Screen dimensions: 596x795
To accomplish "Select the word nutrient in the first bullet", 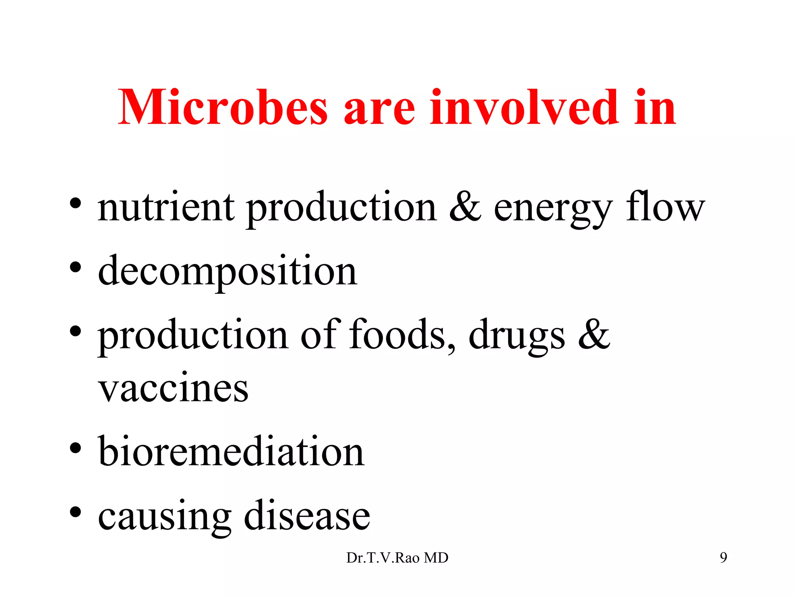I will click(166, 207).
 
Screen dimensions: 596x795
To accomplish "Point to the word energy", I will click(553, 210).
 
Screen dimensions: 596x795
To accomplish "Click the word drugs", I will click(516, 336).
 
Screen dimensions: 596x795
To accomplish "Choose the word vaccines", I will click(173, 388).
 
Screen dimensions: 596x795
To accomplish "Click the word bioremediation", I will click(231, 452).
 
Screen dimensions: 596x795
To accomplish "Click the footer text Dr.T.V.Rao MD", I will click(397, 558).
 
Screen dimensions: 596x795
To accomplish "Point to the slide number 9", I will click(723, 558).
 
